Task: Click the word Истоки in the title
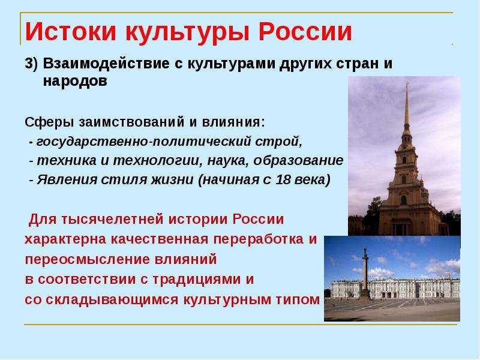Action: click(x=71, y=32)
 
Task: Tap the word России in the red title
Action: click(x=305, y=32)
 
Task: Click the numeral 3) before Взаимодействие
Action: click(x=31, y=64)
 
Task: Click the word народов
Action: click(x=76, y=82)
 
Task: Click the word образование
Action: click(x=298, y=160)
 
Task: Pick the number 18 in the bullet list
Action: click(x=283, y=179)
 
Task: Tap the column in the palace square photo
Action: click(x=365, y=272)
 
